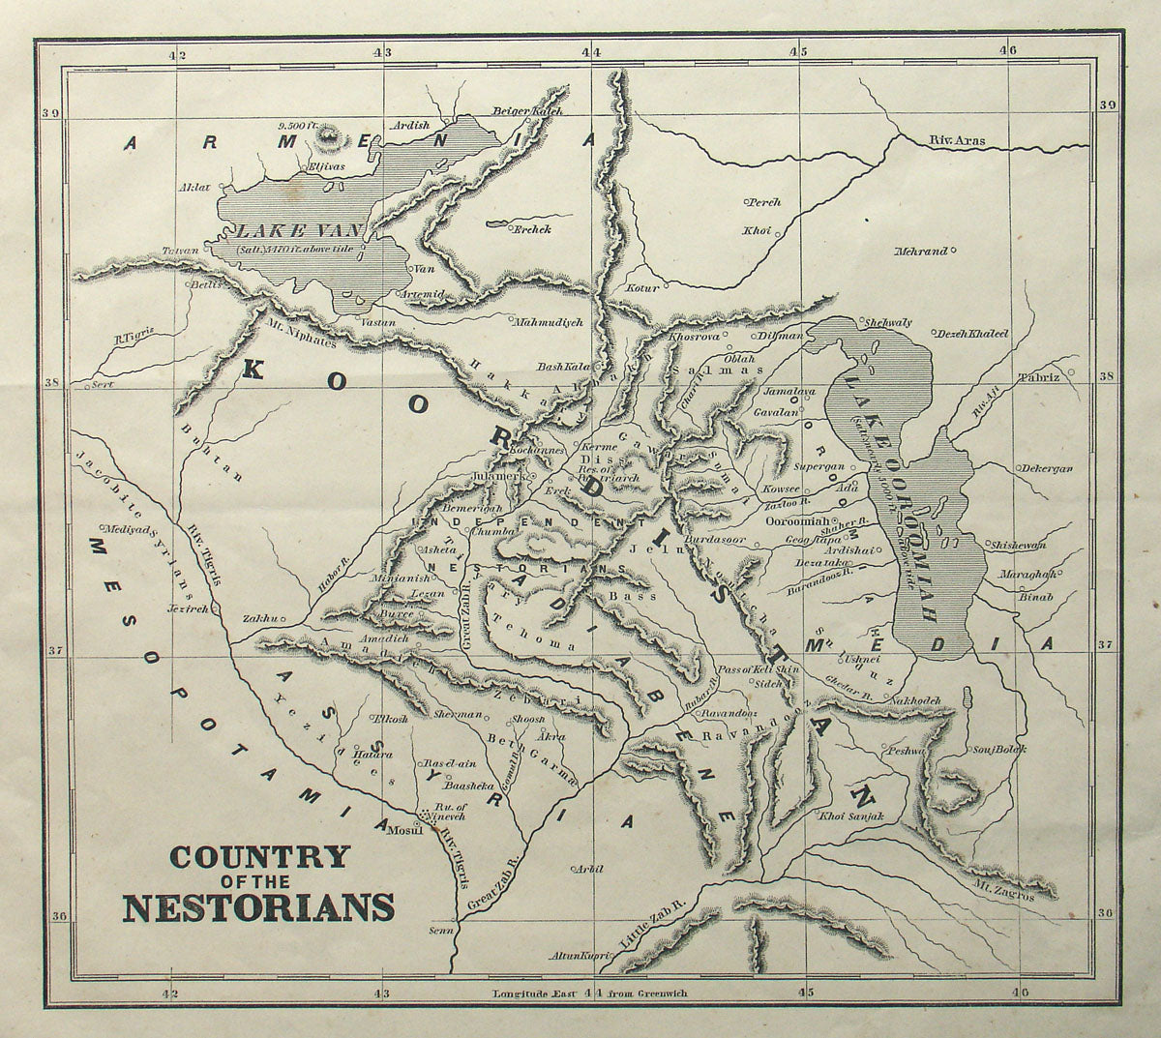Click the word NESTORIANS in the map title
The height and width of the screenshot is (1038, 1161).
(x=257, y=908)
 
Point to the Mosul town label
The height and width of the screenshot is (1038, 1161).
(x=403, y=831)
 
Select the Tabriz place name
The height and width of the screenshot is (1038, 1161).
(x=1038, y=376)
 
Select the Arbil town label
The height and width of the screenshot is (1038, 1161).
(x=580, y=870)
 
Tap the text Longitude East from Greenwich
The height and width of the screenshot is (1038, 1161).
(x=589, y=994)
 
